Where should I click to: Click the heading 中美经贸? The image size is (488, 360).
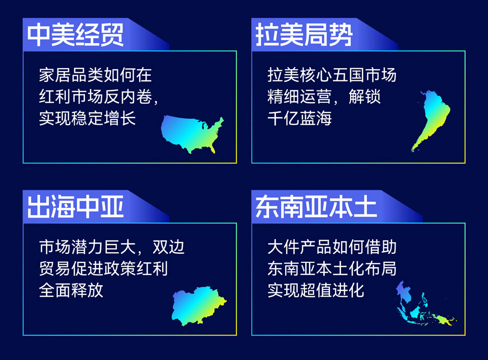click(75, 35)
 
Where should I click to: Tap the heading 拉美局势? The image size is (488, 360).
click(304, 35)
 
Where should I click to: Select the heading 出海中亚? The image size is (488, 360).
click(75, 207)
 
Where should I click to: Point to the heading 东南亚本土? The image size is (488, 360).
click(316, 207)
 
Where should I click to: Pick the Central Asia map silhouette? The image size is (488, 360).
click(199, 306)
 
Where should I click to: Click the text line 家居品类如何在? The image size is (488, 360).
click(95, 75)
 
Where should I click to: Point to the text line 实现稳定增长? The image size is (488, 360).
click(87, 118)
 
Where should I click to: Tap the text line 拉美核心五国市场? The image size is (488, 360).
click(332, 75)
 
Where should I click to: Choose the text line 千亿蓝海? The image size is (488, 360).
click(299, 118)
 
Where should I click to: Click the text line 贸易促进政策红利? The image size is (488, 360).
click(103, 268)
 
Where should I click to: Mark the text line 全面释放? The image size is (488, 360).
click(71, 290)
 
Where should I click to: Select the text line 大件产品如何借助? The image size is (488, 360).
click(332, 247)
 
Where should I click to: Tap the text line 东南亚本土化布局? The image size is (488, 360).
click(332, 268)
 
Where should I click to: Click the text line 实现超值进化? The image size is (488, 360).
click(316, 290)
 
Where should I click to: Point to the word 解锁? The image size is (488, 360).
click(364, 97)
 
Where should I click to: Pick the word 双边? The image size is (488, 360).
click(168, 247)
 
